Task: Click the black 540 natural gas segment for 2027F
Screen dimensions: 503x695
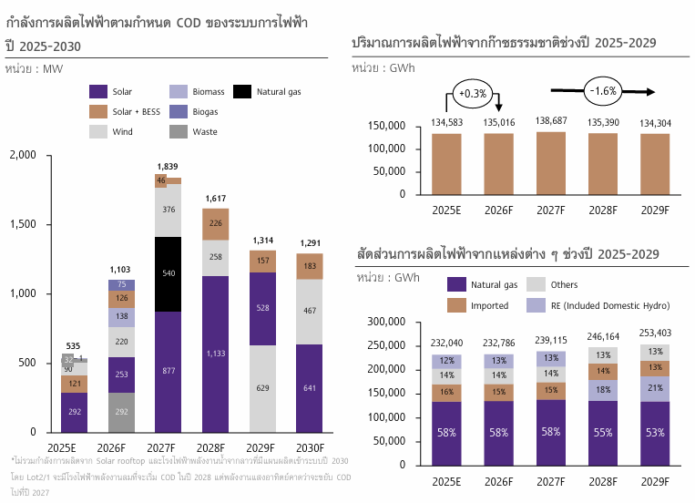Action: pyautogui.click(x=168, y=273)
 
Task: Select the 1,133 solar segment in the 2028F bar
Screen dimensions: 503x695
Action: pyautogui.click(x=215, y=354)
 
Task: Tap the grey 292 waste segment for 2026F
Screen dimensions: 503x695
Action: pyautogui.click(x=121, y=412)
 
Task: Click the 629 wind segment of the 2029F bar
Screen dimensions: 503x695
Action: pyautogui.click(x=262, y=389)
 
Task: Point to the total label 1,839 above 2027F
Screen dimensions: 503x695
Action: pyautogui.click(x=168, y=166)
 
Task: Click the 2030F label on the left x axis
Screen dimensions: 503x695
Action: pyautogui.click(x=310, y=447)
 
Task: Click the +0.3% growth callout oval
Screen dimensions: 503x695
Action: pyautogui.click(x=474, y=94)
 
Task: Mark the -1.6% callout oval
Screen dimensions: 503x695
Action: pyautogui.click(x=603, y=91)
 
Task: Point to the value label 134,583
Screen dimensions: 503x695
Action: pyautogui.click(x=446, y=122)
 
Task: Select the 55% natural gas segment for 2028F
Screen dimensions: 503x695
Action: pyautogui.click(x=602, y=433)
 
